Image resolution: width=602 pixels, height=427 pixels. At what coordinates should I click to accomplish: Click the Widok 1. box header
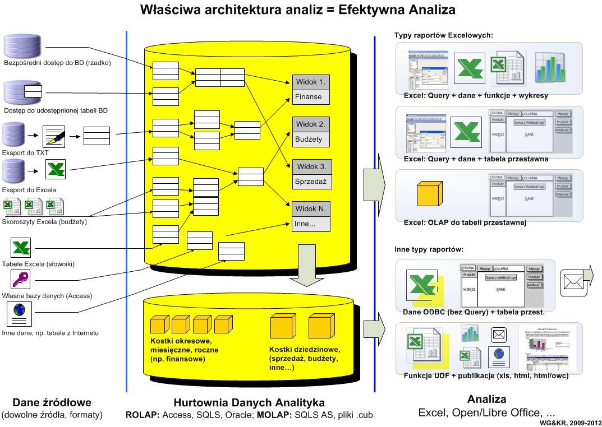pos(311,82)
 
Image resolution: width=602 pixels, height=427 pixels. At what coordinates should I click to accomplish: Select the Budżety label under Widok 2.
pos(311,138)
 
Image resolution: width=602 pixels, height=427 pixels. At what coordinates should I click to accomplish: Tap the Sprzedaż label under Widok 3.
pos(311,182)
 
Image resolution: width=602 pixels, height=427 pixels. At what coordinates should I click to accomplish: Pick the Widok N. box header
pos(311,209)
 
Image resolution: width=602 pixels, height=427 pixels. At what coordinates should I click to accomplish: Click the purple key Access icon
pos(21,279)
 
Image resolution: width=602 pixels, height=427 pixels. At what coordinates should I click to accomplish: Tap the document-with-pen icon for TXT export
pos(54,135)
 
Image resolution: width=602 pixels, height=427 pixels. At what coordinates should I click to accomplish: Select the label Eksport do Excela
pos(30,190)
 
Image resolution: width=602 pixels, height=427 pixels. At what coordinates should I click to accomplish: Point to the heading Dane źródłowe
pos(52,402)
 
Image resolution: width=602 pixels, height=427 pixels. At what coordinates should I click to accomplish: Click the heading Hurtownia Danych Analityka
pos(249,402)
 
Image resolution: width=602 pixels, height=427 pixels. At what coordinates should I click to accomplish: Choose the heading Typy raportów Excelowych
pos(443,36)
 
